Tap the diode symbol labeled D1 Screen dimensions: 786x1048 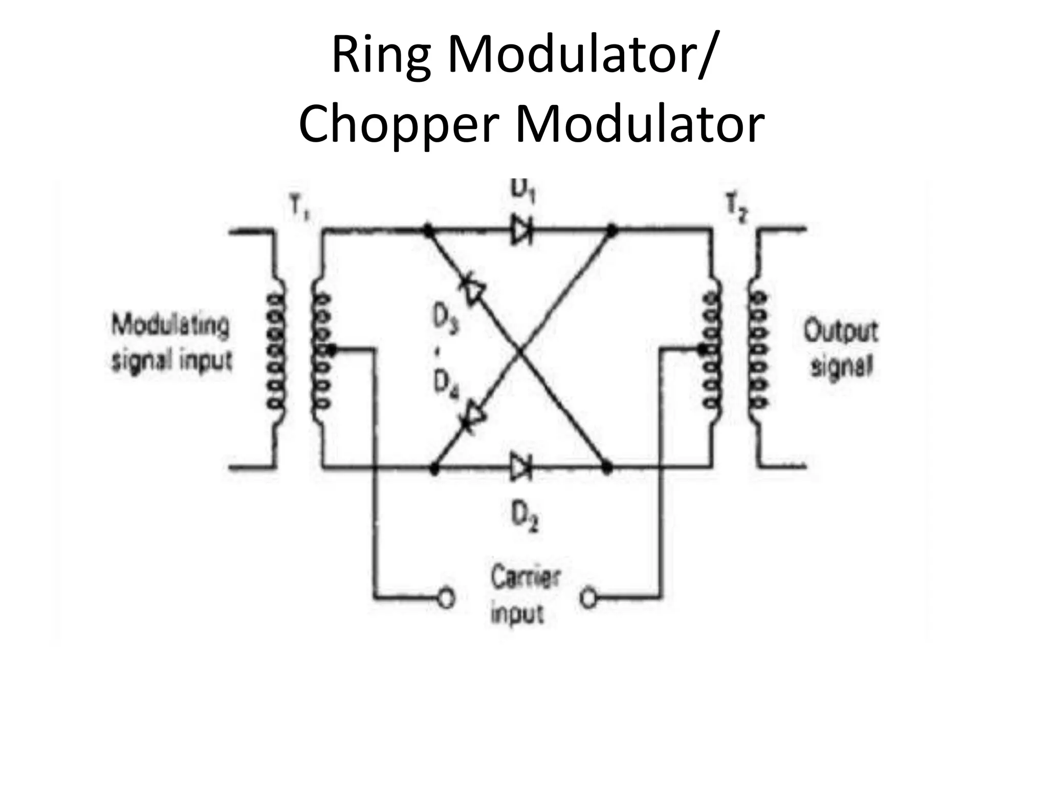pos(521,230)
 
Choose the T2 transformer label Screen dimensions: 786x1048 pos(737,209)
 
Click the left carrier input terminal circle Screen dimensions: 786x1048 pos(447,597)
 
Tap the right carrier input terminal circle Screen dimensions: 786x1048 pos(589,597)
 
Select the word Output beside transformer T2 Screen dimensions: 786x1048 pos(840,332)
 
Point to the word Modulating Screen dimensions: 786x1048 pos(170,325)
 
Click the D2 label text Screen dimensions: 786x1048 pos(525,517)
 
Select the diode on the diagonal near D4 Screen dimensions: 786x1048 pos(474,415)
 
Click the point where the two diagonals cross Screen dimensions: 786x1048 pos(519,351)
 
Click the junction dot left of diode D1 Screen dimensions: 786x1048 pos(427,230)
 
